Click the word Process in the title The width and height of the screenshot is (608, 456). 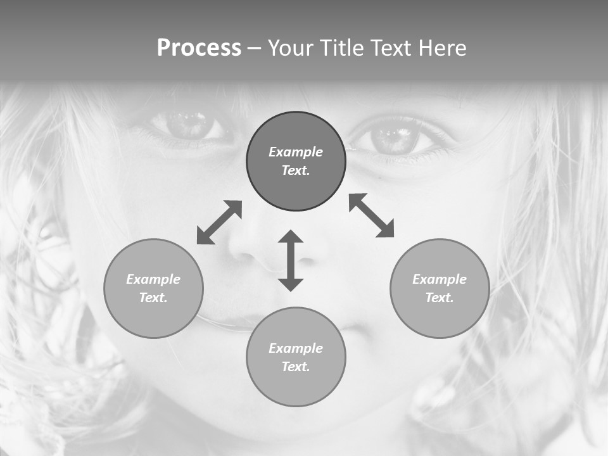[x=199, y=47]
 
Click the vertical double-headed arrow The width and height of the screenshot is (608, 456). [x=291, y=260]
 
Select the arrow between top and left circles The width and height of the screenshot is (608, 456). [x=219, y=222]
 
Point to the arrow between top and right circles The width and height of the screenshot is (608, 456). [x=372, y=215]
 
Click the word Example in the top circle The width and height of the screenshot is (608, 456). [x=296, y=152]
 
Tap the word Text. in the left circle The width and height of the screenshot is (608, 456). [x=153, y=298]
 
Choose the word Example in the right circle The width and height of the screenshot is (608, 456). [x=440, y=279]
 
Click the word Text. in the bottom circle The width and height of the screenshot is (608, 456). [x=296, y=367]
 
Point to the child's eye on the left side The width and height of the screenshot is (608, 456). [x=188, y=125]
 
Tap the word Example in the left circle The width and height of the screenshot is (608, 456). [x=153, y=279]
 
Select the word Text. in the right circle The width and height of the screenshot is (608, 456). [x=440, y=298]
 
